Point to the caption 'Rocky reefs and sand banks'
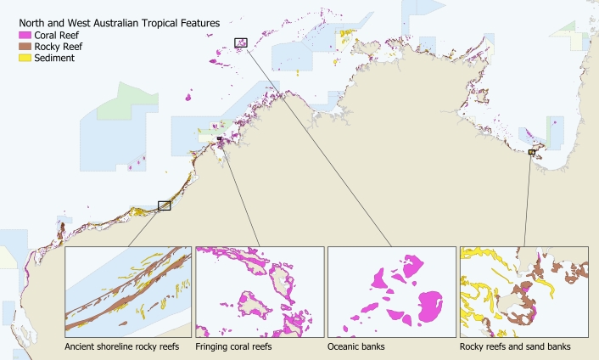pos(514,347)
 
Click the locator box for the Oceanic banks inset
pos(241,42)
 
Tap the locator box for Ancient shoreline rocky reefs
pos(165,205)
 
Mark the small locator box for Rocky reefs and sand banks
pos(532,152)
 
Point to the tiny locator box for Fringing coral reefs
pos(219,138)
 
